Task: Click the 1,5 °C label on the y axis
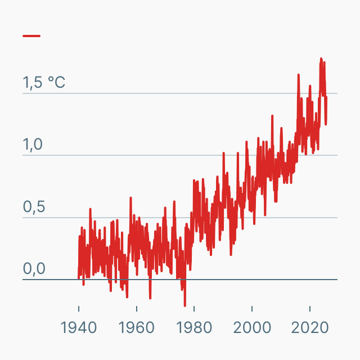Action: pyautogui.click(x=44, y=83)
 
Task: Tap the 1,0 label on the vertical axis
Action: pyautogui.click(x=33, y=145)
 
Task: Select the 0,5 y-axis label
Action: pyautogui.click(x=33, y=207)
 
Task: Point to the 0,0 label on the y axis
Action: pyautogui.click(x=33, y=269)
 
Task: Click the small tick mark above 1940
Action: pyautogui.click(x=79, y=310)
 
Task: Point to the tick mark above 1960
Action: pyautogui.click(x=136, y=310)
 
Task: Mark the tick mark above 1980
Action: pyautogui.click(x=194, y=310)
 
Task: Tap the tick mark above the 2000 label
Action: pyautogui.click(x=252, y=310)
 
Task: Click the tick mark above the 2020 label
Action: pyautogui.click(x=310, y=310)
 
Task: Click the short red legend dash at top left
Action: pyautogui.click(x=31, y=36)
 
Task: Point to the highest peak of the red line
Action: pyautogui.click(x=321, y=58)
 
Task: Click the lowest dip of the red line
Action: pyautogui.click(x=184, y=305)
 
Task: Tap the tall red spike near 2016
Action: pyautogui.click(x=299, y=75)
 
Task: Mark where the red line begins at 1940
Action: pyautogui.click(x=79, y=277)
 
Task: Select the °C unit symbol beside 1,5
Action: pyautogui.click(x=56, y=83)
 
